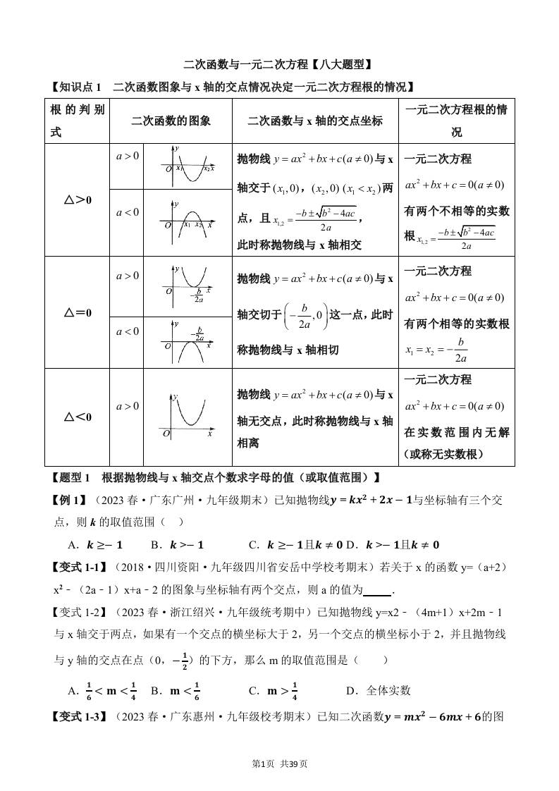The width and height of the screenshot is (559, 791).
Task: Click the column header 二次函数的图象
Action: click(x=171, y=121)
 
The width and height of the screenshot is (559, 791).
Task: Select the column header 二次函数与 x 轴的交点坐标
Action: click(x=315, y=121)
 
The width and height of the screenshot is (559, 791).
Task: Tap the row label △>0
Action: click(x=78, y=200)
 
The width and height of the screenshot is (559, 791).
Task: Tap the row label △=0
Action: click(x=78, y=312)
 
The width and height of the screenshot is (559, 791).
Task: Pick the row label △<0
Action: click(x=78, y=417)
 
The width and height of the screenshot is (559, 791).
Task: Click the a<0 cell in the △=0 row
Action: click(x=127, y=331)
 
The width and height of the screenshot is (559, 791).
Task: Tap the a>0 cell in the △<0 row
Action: click(x=127, y=406)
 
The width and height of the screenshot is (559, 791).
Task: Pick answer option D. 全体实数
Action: click(x=378, y=690)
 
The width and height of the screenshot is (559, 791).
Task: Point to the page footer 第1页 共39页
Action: click(x=279, y=764)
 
